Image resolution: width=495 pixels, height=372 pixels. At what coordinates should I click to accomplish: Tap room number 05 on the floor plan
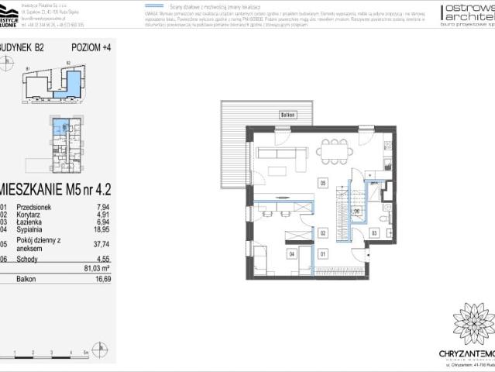[x=323, y=184]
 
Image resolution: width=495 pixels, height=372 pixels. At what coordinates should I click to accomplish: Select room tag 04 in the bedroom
[x=292, y=253]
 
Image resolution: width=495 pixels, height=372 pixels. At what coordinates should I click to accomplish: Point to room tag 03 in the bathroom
[x=373, y=232]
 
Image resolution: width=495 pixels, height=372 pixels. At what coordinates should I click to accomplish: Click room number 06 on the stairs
[x=357, y=211]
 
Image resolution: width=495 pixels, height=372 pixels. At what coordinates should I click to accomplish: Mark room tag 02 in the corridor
[x=322, y=232]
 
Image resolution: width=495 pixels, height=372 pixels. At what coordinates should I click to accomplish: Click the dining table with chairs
[x=334, y=151]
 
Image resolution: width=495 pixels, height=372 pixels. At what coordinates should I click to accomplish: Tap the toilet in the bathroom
[x=387, y=208]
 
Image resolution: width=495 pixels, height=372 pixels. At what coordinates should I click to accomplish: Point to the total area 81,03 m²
[x=97, y=268]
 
